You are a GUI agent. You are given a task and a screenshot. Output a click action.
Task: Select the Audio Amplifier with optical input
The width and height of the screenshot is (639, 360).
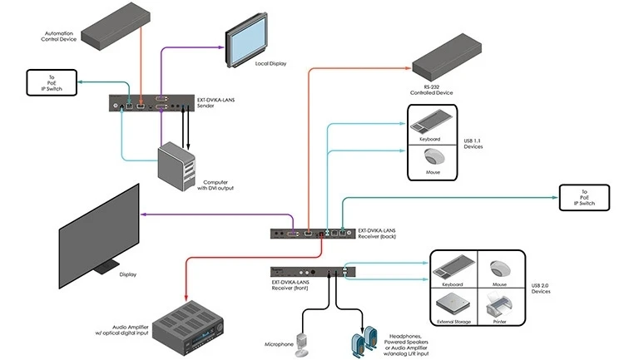[x=193, y=321]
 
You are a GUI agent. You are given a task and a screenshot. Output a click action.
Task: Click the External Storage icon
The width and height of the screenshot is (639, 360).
[x=451, y=301]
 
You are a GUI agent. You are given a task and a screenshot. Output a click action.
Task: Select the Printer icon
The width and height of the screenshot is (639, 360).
[x=499, y=301]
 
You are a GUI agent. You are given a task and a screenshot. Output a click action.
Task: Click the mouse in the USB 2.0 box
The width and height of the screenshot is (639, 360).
[x=499, y=268]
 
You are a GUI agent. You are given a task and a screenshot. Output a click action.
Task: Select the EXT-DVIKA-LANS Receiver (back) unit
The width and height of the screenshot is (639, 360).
[x=313, y=234]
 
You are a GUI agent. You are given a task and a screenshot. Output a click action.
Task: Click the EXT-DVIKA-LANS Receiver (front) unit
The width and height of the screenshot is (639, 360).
[x=314, y=271]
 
